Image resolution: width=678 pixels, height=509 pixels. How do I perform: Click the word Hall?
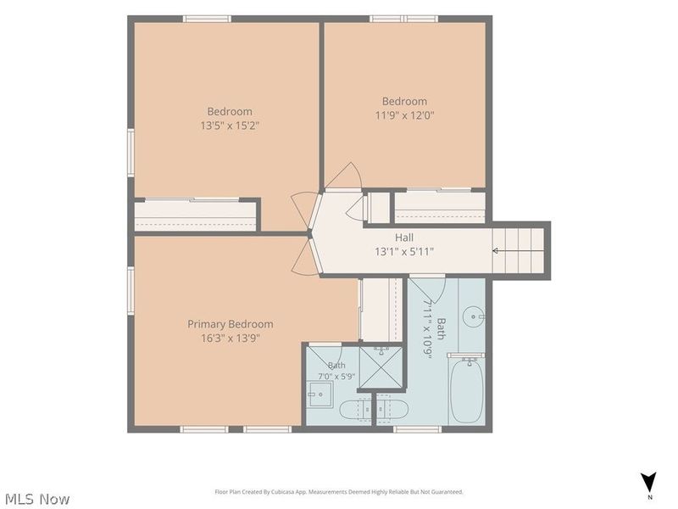click(404, 238)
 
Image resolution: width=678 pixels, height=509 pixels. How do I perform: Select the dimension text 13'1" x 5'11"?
click(404, 251)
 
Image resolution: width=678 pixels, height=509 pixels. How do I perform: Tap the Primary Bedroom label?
click(230, 324)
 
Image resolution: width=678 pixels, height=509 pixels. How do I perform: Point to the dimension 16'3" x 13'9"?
click(230, 338)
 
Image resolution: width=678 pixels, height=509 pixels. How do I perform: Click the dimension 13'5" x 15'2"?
click(230, 126)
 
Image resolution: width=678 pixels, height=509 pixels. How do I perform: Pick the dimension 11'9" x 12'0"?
click(404, 115)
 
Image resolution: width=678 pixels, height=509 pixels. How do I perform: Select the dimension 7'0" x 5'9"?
click(336, 377)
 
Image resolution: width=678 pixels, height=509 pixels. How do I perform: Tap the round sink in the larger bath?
click(474, 316)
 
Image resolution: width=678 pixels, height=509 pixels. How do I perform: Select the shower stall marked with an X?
click(381, 367)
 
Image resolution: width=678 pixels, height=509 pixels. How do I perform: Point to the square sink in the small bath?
click(320, 394)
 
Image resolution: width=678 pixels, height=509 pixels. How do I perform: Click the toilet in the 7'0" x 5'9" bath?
click(356, 409)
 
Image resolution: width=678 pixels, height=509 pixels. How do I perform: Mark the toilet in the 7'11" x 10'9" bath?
click(392, 409)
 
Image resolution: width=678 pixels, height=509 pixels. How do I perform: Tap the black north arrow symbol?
click(648, 482)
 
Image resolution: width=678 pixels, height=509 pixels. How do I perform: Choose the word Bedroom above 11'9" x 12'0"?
click(404, 101)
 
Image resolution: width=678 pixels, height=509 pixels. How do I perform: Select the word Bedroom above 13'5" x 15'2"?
click(230, 112)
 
